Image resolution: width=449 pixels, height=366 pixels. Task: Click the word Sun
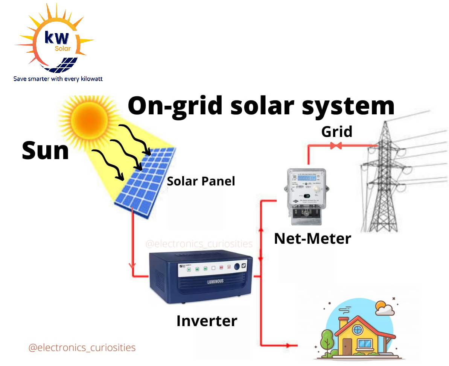tap(46, 150)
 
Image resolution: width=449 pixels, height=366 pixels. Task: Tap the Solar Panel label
tap(201, 181)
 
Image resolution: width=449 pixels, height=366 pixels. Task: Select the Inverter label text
tap(207, 321)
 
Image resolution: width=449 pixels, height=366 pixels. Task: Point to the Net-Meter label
tap(312, 238)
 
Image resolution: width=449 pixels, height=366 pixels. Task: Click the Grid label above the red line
tap(336, 132)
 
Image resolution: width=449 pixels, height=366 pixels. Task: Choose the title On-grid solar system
tap(261, 106)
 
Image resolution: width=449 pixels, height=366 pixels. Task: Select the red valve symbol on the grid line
tap(336, 146)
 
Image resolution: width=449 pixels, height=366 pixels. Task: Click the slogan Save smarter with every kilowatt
tap(58, 79)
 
